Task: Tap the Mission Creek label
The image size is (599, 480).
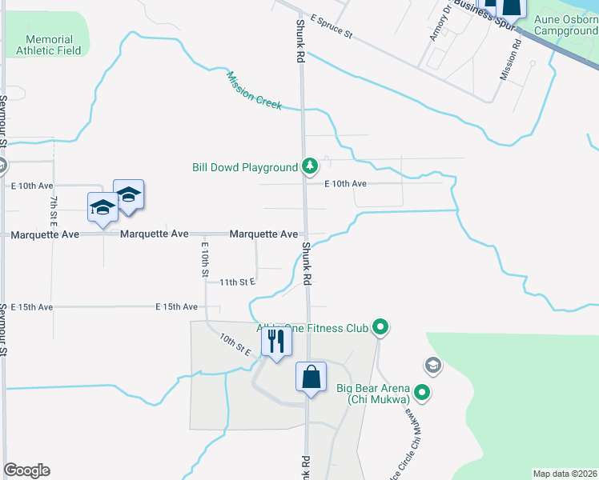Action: pyautogui.click(x=254, y=90)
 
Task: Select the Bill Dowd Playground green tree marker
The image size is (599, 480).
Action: pyautogui.click(x=310, y=167)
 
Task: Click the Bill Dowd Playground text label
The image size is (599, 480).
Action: pyautogui.click(x=245, y=168)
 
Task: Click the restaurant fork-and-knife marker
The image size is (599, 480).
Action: pyautogui.click(x=276, y=342)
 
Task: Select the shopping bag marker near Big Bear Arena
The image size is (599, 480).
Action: pyautogui.click(x=311, y=377)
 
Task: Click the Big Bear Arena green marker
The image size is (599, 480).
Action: pyautogui.click(x=424, y=392)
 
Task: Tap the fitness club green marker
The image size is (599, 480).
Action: pyautogui.click(x=381, y=327)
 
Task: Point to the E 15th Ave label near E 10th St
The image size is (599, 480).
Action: pyautogui.click(x=177, y=306)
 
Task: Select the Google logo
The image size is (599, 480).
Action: pyautogui.click(x=26, y=470)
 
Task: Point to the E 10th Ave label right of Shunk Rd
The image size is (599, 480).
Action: pyautogui.click(x=345, y=184)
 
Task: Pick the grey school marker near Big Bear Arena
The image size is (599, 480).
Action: pyautogui.click(x=433, y=366)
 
